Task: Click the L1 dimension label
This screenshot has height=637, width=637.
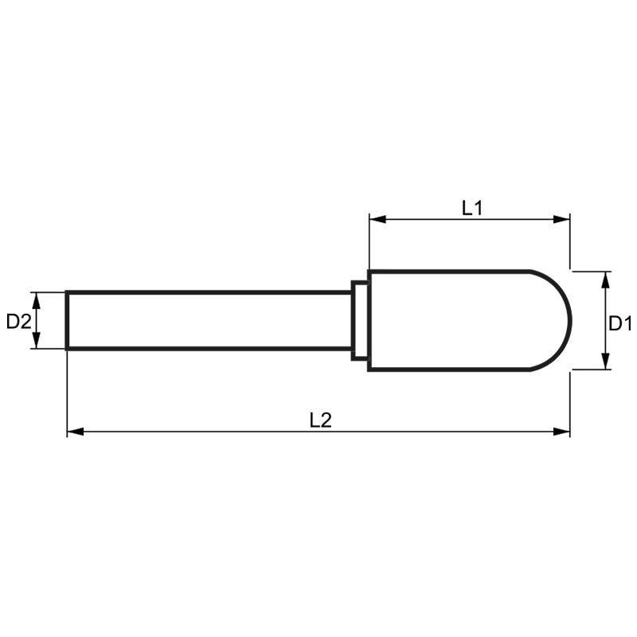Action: [x=472, y=208]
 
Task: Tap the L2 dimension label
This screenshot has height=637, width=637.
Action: [x=321, y=420]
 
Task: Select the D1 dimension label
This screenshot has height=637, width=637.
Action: [x=620, y=324]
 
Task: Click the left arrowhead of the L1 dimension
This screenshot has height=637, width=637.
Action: [x=377, y=220]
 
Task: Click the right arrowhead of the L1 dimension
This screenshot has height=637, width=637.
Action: [x=561, y=220]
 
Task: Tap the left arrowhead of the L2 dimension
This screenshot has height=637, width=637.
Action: [x=75, y=432]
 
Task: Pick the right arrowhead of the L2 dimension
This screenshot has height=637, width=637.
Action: [x=561, y=432]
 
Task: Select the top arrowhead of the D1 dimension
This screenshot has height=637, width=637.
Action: [x=605, y=280]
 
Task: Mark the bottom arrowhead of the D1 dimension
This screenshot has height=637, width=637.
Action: [x=605, y=361]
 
